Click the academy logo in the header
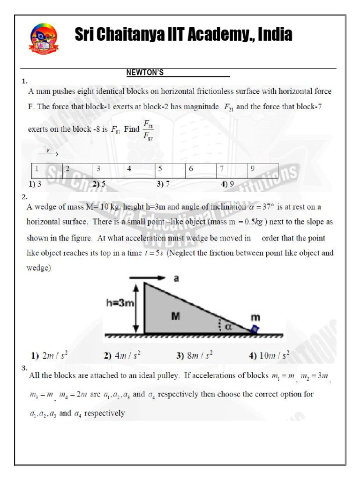44,38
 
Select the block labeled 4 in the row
140,169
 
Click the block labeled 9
262,169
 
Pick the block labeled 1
47,169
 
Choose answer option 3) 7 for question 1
163,184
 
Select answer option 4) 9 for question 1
227,184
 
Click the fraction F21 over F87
148,131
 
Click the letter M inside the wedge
175,316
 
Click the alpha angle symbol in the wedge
229,327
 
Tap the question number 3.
24,368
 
